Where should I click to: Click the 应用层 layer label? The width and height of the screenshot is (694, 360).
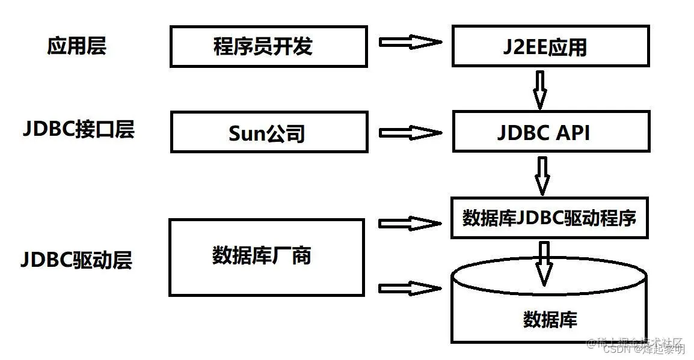(76, 46)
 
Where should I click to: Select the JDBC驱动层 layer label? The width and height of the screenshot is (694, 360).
(76, 260)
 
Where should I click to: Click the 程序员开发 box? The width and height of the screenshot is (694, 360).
(268, 46)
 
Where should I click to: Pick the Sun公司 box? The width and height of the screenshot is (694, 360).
(268, 132)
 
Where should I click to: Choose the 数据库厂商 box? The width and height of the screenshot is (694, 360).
(266, 257)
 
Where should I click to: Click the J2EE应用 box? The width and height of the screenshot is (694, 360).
(550, 46)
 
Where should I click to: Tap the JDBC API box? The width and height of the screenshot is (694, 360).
(550, 132)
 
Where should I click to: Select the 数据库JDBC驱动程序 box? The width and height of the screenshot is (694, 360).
(549, 218)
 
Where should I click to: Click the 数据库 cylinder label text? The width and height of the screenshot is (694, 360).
(550, 319)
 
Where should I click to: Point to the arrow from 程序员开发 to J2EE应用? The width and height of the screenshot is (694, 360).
(410, 42)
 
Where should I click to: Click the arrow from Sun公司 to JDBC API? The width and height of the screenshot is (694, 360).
(410, 132)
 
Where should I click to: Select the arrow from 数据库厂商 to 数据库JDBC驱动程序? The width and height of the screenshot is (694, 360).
(410, 224)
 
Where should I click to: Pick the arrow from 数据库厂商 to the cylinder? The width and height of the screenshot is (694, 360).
(410, 288)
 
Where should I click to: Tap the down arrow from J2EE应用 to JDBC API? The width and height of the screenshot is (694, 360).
(540, 89)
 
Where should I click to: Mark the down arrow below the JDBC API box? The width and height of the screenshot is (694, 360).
(542, 175)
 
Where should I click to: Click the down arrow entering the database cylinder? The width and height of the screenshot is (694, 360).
(545, 262)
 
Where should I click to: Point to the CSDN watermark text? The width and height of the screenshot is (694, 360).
(643, 349)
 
